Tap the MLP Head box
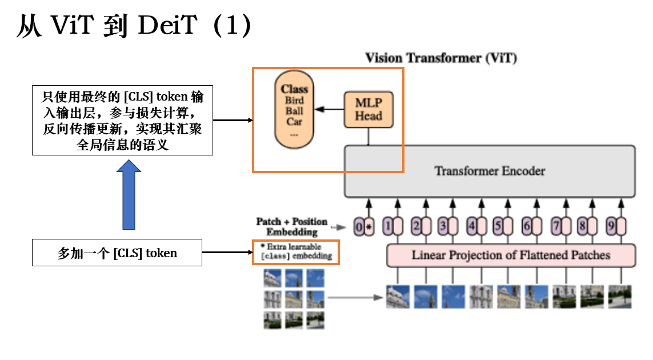(368, 109)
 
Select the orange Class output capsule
(294, 110)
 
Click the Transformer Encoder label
(490, 171)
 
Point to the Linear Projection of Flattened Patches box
(511, 255)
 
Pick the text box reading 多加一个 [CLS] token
(117, 253)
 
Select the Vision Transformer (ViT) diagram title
(440, 58)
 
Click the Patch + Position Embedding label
(292, 226)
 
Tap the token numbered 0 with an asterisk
(364, 227)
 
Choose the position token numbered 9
(615, 227)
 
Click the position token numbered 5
(502, 227)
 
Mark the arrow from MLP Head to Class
(330, 109)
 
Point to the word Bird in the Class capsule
(294, 101)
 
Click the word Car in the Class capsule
(294, 121)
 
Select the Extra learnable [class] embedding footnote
(296, 252)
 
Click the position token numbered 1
(391, 227)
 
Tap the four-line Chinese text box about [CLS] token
(122, 119)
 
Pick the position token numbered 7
(559, 227)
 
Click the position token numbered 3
(446, 227)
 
